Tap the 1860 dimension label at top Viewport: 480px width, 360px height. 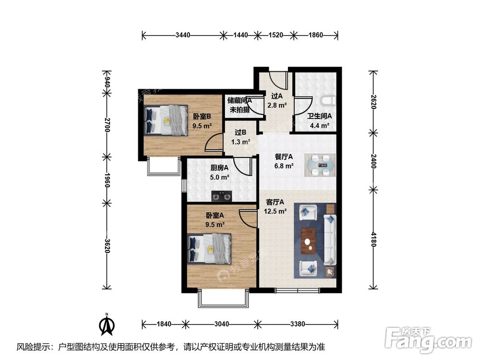click(x=316, y=35)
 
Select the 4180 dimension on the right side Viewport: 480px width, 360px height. click(x=373, y=239)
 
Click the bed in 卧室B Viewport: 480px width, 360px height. click(x=166, y=120)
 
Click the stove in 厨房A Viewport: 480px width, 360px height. click(x=221, y=196)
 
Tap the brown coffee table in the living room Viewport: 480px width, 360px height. click(x=309, y=240)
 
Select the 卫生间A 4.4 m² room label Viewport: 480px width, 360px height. click(x=318, y=120)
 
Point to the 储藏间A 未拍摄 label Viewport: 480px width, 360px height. click(x=240, y=105)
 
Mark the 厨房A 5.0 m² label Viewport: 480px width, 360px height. click(x=220, y=172)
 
